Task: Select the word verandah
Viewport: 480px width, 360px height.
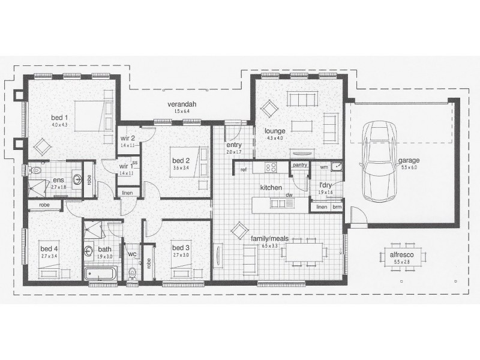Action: tap(178, 104)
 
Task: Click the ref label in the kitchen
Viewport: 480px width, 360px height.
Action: tap(244, 170)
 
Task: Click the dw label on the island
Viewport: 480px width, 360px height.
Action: tap(289, 194)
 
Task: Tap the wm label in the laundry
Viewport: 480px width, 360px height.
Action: tap(323, 167)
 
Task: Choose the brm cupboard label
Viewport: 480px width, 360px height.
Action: tap(337, 207)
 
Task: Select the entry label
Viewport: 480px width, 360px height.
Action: tap(234, 145)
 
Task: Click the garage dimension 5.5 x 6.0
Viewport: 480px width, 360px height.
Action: tap(407, 167)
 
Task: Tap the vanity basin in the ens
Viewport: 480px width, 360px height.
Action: tap(77, 179)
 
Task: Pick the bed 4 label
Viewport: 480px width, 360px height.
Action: tap(49, 248)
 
